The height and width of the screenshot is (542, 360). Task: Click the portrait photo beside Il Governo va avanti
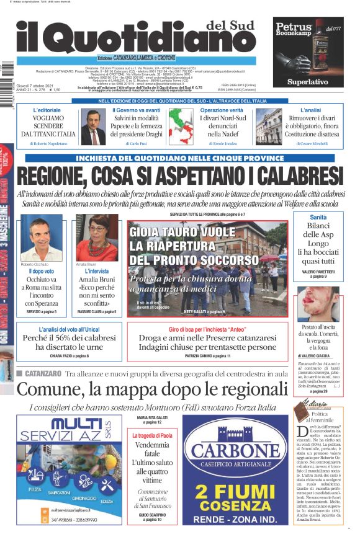tap(93, 127)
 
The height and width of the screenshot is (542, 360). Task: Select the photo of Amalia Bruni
tap(97, 238)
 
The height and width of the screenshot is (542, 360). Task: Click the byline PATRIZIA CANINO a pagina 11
tap(207, 356)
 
